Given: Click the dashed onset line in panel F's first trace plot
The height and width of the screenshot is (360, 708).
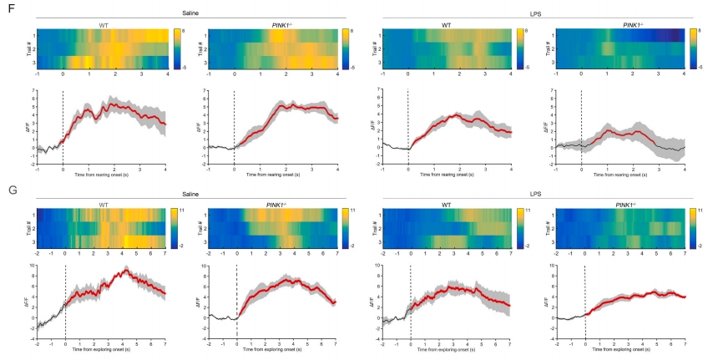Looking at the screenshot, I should pos(63,125).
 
